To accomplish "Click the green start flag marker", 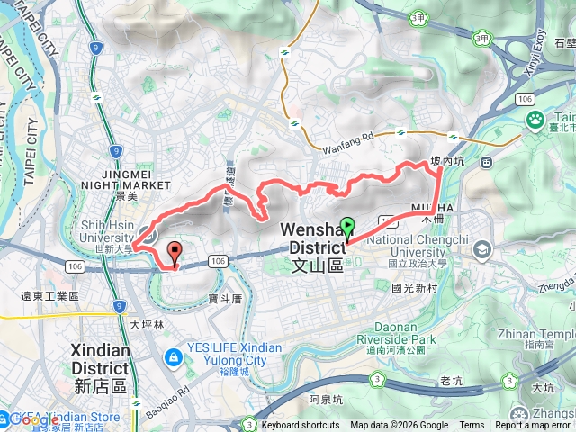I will pyautogui.click(x=347, y=229).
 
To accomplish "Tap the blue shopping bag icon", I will pyautogui.click(x=170, y=358).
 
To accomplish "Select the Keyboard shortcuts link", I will pyautogui.click(x=301, y=426).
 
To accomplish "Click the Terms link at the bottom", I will pyautogui.click(x=472, y=426).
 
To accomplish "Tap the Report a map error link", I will pyautogui.click(x=533, y=426).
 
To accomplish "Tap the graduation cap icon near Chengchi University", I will pyautogui.click(x=481, y=248).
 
